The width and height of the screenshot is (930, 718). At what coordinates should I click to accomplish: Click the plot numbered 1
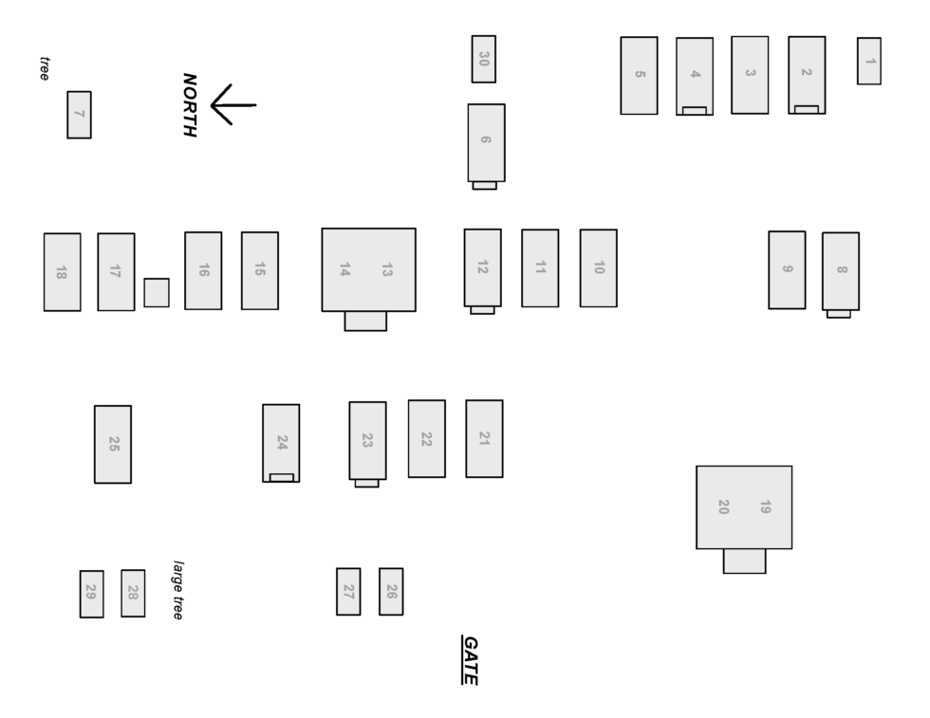[868, 61]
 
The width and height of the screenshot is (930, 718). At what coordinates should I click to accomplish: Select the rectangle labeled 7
[79, 115]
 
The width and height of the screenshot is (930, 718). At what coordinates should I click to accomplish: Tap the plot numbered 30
[483, 59]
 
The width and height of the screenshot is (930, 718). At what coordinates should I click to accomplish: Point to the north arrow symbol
[232, 104]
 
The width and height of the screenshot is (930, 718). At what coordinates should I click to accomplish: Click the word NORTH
[189, 104]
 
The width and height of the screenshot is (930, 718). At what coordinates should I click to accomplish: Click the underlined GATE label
[469, 659]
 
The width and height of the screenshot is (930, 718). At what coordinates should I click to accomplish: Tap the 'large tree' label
[177, 589]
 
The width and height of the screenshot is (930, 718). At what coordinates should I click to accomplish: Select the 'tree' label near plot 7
[44, 68]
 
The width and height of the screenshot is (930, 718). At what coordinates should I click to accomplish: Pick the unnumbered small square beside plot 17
[157, 292]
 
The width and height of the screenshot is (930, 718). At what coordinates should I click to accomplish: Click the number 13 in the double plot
[386, 269]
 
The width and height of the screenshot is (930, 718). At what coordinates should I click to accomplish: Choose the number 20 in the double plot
[723, 506]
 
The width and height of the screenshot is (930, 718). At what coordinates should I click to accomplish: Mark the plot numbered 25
[113, 444]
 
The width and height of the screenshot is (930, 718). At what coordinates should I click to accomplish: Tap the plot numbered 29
[91, 594]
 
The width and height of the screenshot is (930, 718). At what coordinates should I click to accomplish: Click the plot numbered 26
[391, 591]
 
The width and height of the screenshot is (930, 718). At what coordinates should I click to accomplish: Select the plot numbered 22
[426, 438]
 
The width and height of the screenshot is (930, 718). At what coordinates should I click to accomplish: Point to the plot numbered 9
[787, 269]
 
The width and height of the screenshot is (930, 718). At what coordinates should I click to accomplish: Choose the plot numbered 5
[639, 75]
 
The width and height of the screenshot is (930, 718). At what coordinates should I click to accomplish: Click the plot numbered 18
[62, 271]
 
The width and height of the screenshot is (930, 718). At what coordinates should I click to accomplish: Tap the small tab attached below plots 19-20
[744, 561]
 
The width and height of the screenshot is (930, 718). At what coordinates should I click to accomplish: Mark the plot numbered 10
[598, 267]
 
